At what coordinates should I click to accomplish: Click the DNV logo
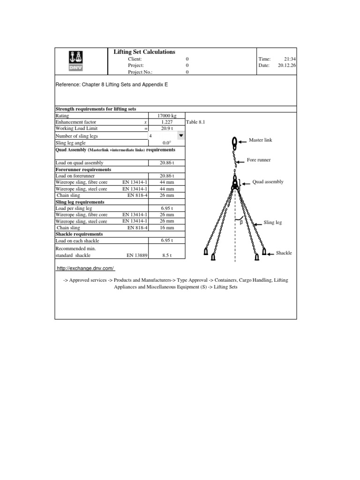pyautogui.click(x=75, y=60)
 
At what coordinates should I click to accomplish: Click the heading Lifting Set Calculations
pyautogui.click(x=144, y=52)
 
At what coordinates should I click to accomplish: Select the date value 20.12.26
pyautogui.click(x=287, y=66)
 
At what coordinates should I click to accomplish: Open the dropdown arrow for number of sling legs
pyautogui.click(x=181, y=135)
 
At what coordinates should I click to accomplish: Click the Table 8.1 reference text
pyautogui.click(x=195, y=122)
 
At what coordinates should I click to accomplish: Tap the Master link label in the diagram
pyautogui.click(x=260, y=140)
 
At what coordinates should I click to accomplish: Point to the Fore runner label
pyautogui.click(x=259, y=160)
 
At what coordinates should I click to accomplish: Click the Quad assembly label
pyautogui.click(x=268, y=181)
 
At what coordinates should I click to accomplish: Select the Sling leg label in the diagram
pyautogui.click(x=272, y=223)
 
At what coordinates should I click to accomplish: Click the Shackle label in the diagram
pyautogui.click(x=284, y=253)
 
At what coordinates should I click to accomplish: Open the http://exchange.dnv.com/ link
pyautogui.click(x=86, y=268)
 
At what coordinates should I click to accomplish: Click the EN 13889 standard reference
pyautogui.click(x=137, y=255)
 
